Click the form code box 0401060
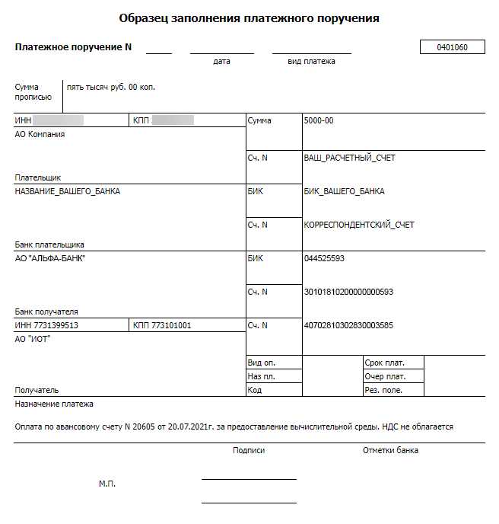click(452, 47)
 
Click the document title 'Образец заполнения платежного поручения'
click(249, 18)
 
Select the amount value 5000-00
click(318, 121)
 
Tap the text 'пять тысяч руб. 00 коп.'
click(111, 88)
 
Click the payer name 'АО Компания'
click(40, 135)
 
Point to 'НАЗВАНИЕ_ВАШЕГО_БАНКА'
click(67, 191)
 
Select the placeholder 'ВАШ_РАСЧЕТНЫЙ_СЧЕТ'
click(349, 158)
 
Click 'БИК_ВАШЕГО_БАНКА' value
click(344, 191)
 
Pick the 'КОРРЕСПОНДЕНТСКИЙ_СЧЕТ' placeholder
click(359, 225)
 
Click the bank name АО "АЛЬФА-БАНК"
click(50, 259)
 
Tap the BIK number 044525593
click(324, 259)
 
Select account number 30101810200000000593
click(348, 292)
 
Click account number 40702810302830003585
click(348, 326)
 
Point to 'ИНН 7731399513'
click(46, 326)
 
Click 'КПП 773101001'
click(162, 326)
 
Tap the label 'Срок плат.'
click(384, 363)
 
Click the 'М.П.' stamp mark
click(107, 484)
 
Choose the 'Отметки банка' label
click(390, 451)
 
